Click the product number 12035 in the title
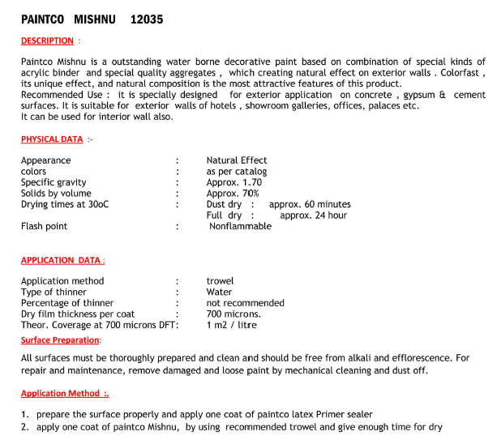point(146,19)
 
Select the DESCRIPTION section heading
point(47,41)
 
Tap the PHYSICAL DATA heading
point(52,139)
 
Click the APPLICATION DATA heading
point(61,260)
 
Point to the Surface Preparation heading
point(60,340)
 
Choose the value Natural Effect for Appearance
point(237,160)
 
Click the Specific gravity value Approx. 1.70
point(234,182)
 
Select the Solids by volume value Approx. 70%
point(233,194)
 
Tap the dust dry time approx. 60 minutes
point(310,205)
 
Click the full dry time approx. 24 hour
point(313,216)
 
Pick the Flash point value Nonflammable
point(240,227)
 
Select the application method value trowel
point(220,281)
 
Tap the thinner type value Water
point(219,292)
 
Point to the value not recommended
point(245,303)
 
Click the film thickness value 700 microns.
point(234,314)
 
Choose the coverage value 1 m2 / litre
point(233,325)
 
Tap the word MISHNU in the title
point(94,19)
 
